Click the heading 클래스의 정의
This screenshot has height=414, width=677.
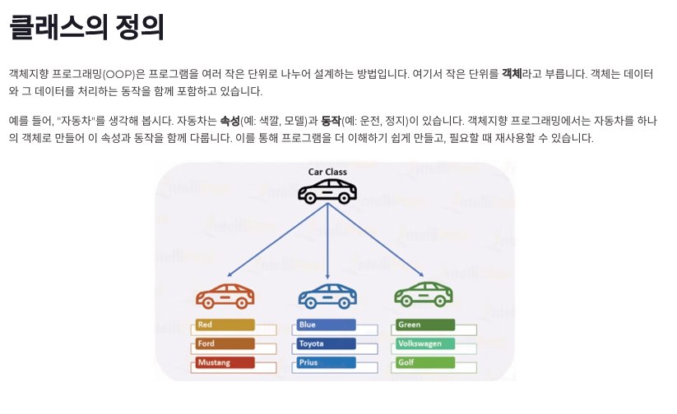86,27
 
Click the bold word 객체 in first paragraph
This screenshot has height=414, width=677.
512,74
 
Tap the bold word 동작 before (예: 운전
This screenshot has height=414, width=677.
332,121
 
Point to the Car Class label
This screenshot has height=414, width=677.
327,172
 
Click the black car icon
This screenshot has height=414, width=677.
327,192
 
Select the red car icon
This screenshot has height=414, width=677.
225,296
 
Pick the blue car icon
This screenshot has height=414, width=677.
327,296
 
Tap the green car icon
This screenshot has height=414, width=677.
424,294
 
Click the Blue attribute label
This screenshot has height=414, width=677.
327,325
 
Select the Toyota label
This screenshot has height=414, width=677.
327,344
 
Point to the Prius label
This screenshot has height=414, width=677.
327,362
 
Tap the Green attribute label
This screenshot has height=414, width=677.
424,325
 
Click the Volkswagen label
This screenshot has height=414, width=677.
424,344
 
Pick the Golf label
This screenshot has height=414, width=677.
424,362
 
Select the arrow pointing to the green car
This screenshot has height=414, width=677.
377,241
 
